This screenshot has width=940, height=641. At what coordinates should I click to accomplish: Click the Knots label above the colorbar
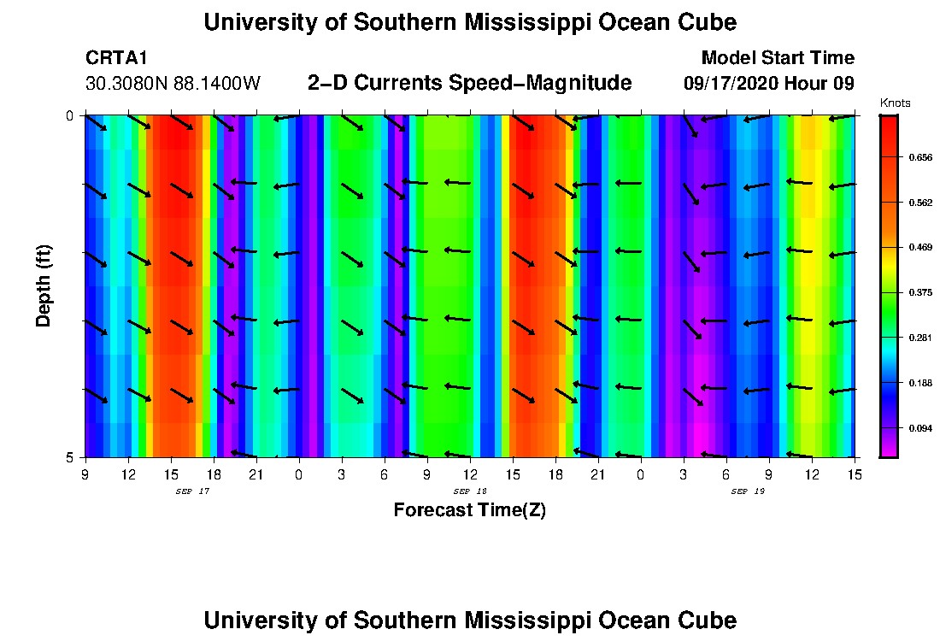point(895,103)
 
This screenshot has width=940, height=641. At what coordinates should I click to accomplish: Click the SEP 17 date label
point(191,491)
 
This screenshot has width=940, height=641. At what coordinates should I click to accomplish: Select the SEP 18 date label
point(469,491)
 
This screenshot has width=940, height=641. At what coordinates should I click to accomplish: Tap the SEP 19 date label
point(747,491)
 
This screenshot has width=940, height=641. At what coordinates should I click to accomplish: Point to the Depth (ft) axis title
point(44,285)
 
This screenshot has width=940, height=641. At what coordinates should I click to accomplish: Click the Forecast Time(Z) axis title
point(469,510)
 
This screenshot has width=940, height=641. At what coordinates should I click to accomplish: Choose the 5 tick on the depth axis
point(69,457)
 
